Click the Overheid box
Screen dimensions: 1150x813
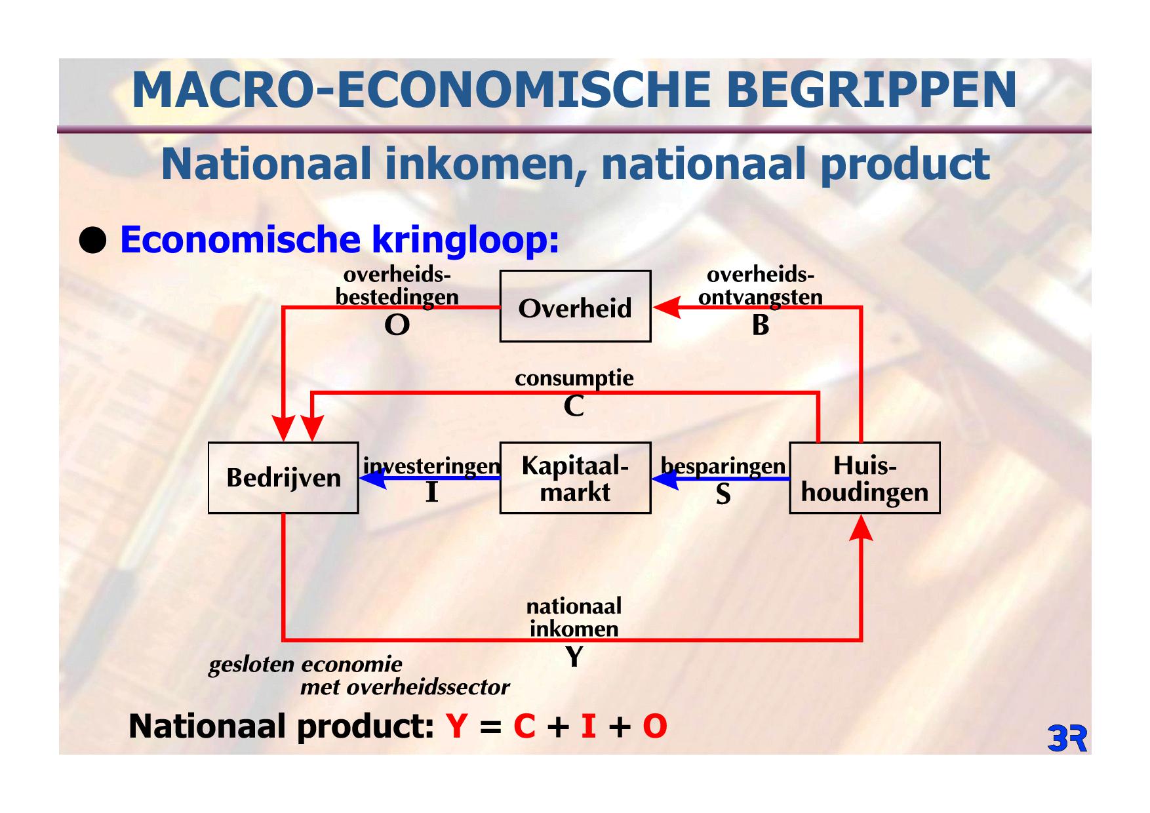[x=575, y=306]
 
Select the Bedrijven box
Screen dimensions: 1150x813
[x=283, y=477]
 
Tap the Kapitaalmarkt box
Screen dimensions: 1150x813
[x=575, y=477]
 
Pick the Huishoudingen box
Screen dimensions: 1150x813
[x=864, y=477]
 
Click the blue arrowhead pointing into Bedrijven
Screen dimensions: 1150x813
[x=372, y=478]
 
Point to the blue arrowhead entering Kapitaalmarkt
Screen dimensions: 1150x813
[x=665, y=479]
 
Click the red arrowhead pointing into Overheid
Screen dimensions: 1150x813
[x=667, y=307]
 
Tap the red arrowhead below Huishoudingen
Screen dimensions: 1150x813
[x=861, y=528]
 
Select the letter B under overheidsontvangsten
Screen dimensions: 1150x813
[x=761, y=325]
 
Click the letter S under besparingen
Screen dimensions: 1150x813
[x=723, y=494]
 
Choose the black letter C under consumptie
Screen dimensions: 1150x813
[x=574, y=406]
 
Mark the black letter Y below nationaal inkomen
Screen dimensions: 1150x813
[x=574, y=656]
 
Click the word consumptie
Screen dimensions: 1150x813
[x=574, y=379]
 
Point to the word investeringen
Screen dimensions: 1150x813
[x=432, y=466]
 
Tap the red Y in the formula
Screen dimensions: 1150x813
[x=456, y=726]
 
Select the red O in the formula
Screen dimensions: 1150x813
[x=654, y=726]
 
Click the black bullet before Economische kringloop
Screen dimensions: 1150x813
[x=92, y=241]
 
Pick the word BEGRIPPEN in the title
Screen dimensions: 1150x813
[x=871, y=90]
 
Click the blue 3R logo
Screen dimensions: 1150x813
[x=1067, y=738]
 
